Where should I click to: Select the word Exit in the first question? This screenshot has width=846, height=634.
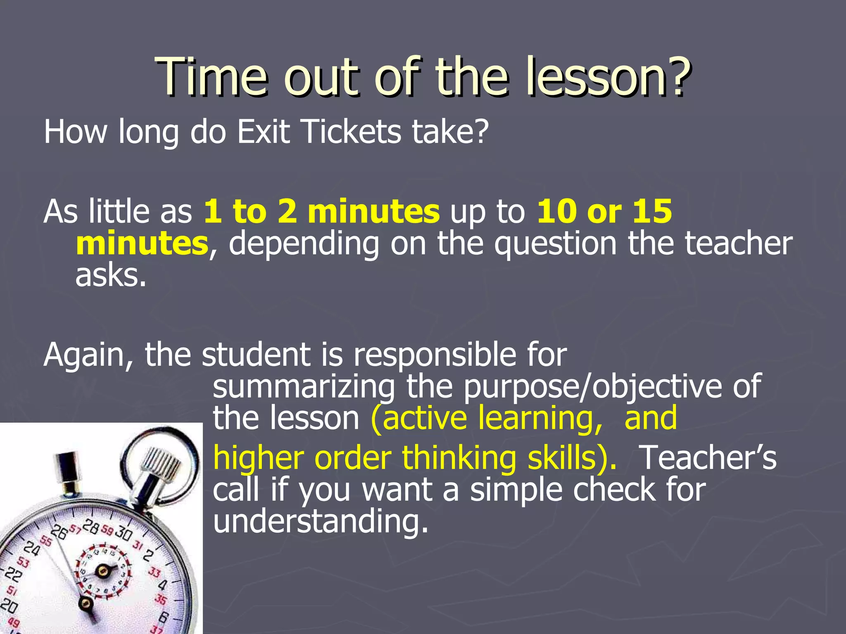263,132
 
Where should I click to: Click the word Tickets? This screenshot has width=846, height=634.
352,132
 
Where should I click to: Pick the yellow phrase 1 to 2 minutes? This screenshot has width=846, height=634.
321,211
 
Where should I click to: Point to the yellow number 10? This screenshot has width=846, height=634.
557,211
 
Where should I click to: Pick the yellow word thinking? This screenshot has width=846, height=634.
459,458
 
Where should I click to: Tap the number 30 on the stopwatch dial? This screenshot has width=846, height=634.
123,534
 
